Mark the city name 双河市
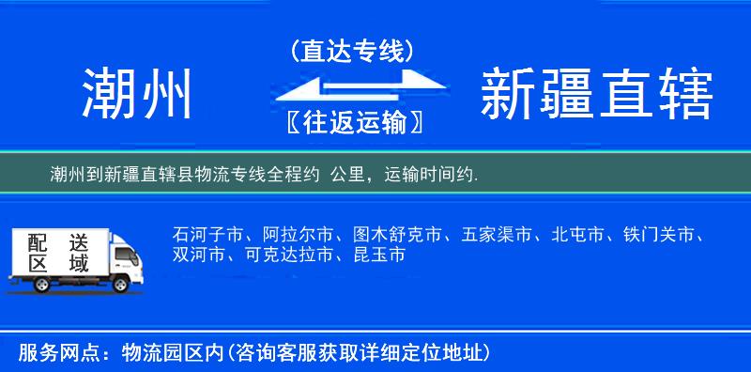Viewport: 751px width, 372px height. coord(200,255)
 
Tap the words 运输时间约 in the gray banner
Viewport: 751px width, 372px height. coord(429,174)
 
